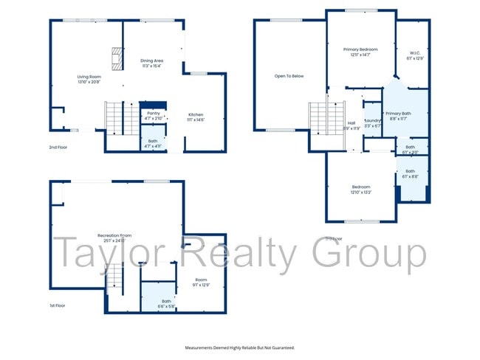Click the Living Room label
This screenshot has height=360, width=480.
[x=89, y=78]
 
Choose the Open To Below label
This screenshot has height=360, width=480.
[x=289, y=76]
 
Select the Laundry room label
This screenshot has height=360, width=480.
[x=373, y=122]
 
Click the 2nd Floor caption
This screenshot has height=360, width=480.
[x=58, y=148]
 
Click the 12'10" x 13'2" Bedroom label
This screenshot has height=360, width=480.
[x=360, y=190]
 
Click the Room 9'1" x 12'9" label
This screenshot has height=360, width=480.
[x=201, y=282]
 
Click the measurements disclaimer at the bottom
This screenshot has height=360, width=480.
[x=239, y=347]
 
